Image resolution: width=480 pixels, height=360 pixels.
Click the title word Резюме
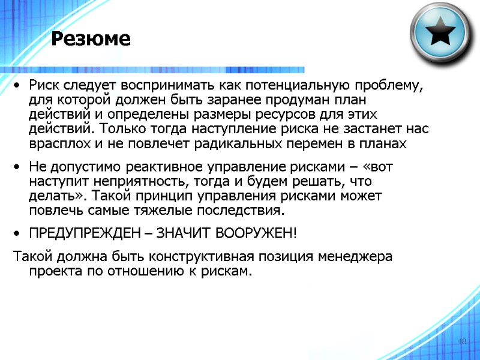click(91, 40)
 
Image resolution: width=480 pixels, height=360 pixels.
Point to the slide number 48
click(462, 341)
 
